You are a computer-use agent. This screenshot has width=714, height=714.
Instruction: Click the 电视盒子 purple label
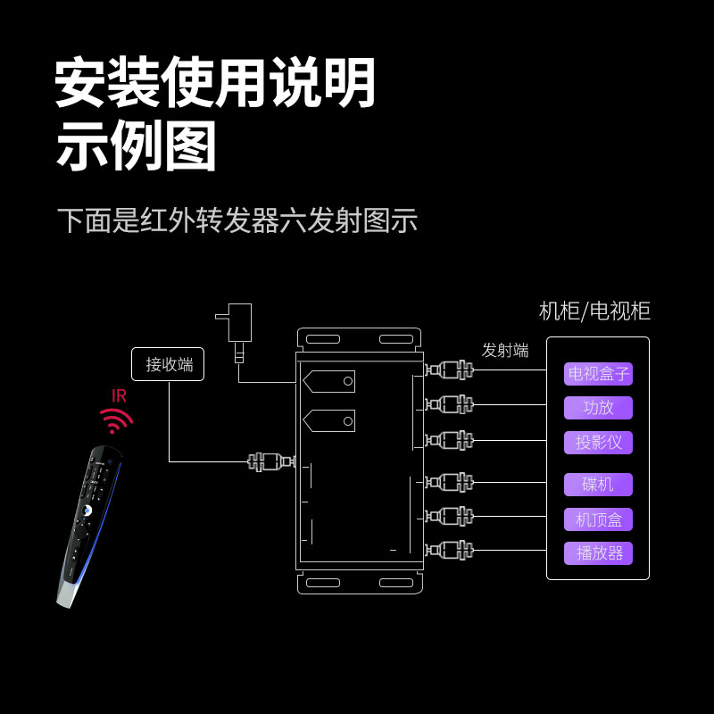tap(598, 374)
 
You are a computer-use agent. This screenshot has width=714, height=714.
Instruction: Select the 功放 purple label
tap(598, 408)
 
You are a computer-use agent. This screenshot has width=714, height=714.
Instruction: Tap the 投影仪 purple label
tap(598, 443)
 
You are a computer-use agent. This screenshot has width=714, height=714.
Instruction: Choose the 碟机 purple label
tap(598, 485)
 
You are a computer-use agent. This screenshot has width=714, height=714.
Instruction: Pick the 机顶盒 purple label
tap(598, 519)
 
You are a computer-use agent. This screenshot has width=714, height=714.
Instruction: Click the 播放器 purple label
tap(598, 553)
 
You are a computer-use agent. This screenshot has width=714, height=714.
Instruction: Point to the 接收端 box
tap(169, 364)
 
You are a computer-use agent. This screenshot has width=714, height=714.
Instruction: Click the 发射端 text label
tap(505, 351)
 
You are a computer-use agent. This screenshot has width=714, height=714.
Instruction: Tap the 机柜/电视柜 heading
tap(594, 311)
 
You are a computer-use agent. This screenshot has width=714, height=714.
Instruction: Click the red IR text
tap(119, 395)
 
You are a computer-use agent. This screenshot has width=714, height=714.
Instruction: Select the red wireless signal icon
tap(116, 419)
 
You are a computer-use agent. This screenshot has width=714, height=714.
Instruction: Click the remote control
tap(89, 527)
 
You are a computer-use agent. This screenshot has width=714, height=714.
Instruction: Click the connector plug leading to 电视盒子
tap(449, 370)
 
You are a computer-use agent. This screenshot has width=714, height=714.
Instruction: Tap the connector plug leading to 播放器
tap(449, 550)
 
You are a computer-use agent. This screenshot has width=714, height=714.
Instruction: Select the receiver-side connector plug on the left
tap(270, 461)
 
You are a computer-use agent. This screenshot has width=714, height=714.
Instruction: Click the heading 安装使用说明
tap(215, 83)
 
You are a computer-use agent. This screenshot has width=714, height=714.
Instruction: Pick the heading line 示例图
tap(137, 147)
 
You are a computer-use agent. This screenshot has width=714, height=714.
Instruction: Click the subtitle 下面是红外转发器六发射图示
tap(237, 220)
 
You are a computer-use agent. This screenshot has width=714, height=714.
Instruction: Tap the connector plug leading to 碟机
tap(449, 483)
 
